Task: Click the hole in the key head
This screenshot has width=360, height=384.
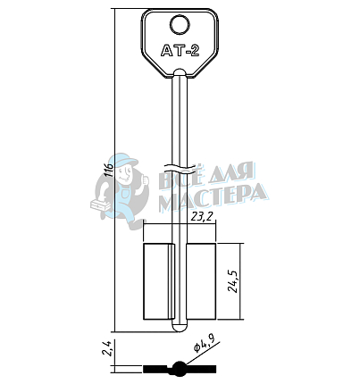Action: pos(180,25)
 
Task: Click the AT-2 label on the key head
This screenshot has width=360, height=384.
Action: pos(180,50)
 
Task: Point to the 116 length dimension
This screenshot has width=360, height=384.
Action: pos(110,170)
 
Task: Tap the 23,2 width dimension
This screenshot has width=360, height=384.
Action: pos(203,217)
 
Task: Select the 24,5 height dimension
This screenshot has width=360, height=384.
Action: pos(235,281)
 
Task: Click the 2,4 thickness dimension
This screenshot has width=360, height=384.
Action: pos(107,348)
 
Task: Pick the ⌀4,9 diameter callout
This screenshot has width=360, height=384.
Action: pos(205,344)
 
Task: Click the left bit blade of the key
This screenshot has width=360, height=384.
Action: pos(158,281)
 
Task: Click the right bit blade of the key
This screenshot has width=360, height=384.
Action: pos(201,281)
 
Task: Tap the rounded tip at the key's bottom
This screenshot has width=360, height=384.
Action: pos(180,327)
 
